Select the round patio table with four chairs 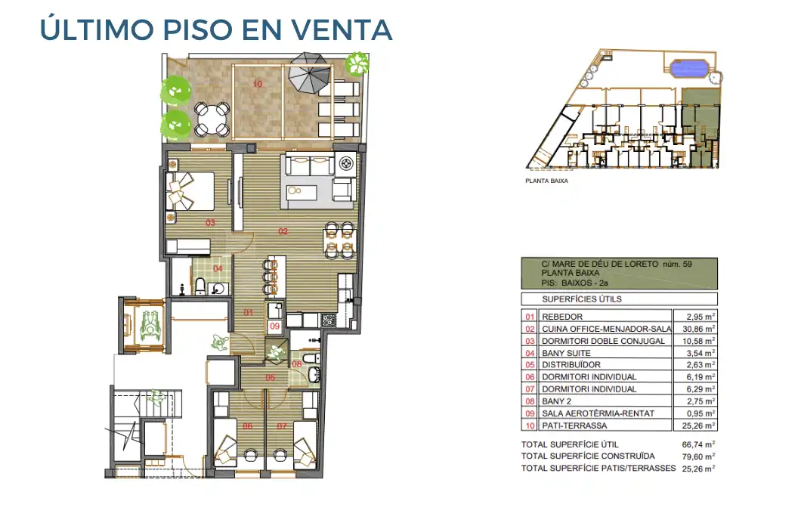click(212, 119)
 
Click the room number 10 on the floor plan click(258, 84)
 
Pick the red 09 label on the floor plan click(274, 326)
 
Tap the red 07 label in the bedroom click(283, 426)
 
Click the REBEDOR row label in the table click(564, 316)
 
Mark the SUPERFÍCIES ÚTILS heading click(572, 299)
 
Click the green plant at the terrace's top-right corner click(354, 64)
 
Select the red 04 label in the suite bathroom click(218, 268)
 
